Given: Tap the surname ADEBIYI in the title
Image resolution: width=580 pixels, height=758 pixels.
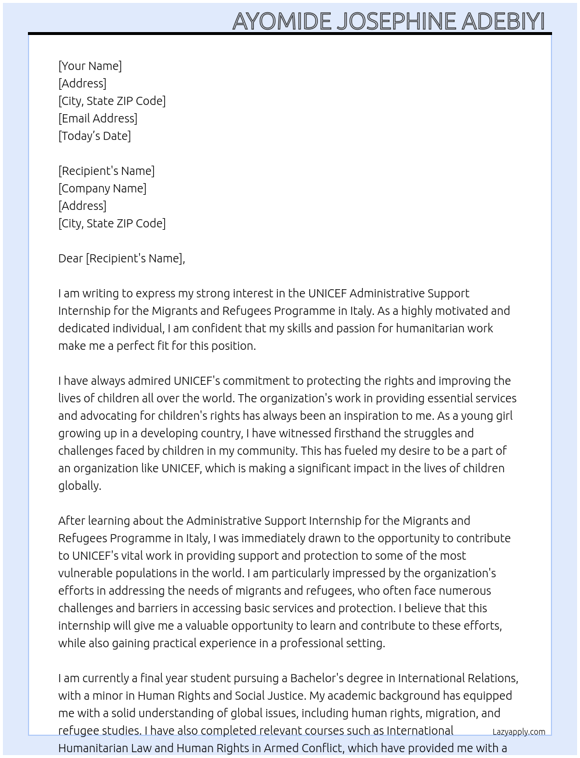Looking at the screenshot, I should [x=503, y=21].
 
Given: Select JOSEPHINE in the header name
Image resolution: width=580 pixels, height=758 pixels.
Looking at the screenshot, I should [x=396, y=21].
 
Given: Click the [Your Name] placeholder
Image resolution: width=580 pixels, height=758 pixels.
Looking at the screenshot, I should [x=90, y=66].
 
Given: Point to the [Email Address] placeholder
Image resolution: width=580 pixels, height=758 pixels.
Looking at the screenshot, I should [x=98, y=118].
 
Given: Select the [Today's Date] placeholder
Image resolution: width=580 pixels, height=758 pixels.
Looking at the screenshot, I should [x=94, y=136].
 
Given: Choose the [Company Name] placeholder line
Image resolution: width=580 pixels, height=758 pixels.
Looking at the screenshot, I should [x=102, y=188].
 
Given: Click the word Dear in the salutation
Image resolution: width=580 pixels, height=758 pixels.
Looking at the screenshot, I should [x=70, y=258].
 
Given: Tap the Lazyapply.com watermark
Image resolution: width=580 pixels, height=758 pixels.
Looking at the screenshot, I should [x=519, y=732].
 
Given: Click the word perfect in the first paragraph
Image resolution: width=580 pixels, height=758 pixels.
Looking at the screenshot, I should [x=136, y=346].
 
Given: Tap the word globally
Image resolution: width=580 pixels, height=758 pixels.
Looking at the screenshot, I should [x=79, y=486].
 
